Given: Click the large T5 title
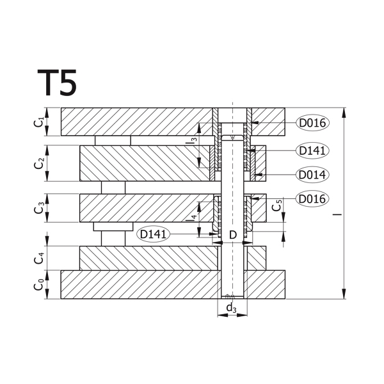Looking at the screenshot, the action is click(57, 83).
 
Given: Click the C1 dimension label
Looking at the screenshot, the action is click(38, 122).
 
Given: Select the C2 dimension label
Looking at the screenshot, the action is click(39, 163).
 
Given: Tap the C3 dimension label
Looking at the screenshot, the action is click(39, 208).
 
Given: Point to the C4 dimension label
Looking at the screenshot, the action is click(39, 259).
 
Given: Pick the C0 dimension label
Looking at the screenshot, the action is click(39, 285).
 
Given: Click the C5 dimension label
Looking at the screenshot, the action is click(277, 205).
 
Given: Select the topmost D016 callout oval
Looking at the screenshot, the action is click(312, 123).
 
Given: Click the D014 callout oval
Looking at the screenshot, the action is click(312, 175).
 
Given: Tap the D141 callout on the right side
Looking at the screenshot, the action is click(312, 150).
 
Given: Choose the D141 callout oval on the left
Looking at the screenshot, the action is click(154, 234).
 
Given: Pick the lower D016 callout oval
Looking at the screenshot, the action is click(312, 198).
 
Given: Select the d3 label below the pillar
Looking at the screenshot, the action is click(232, 308).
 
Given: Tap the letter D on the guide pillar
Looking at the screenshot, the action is click(233, 235).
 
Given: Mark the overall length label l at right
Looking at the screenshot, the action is click(337, 214).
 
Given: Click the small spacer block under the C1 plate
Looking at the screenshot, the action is click(113, 141).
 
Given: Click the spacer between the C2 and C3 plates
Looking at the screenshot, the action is click(113, 188).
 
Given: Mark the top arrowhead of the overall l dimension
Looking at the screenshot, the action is click(344, 113).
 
